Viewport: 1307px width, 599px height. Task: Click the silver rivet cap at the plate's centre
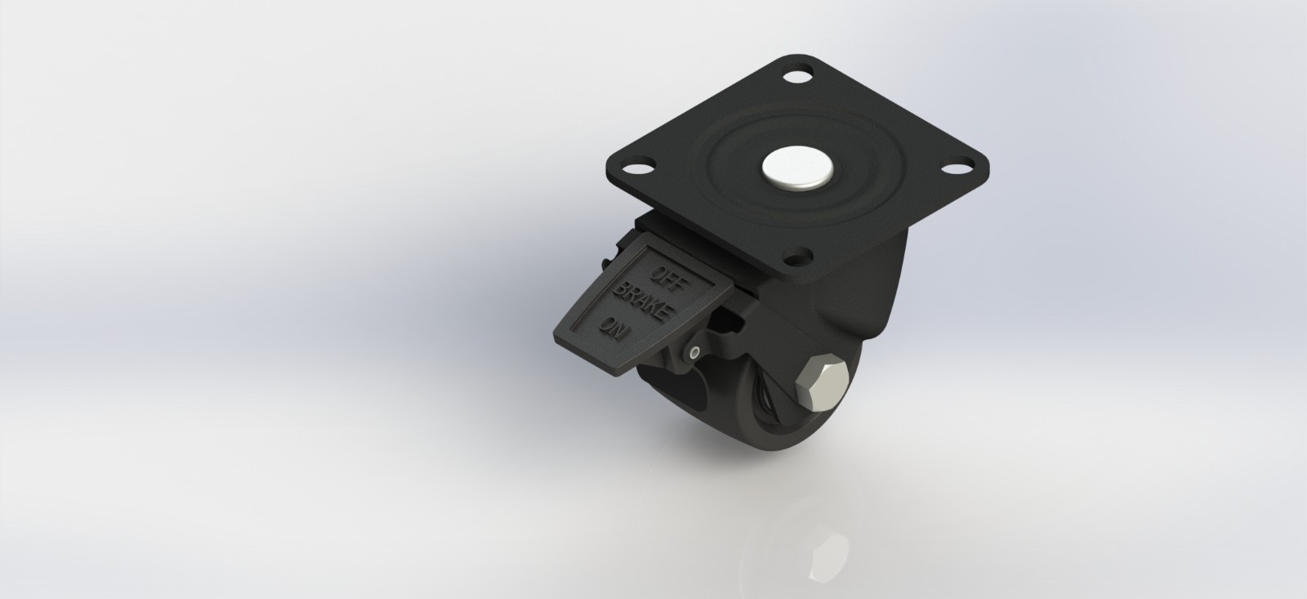(x=798, y=168)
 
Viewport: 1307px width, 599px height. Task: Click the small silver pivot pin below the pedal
(x=694, y=353)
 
